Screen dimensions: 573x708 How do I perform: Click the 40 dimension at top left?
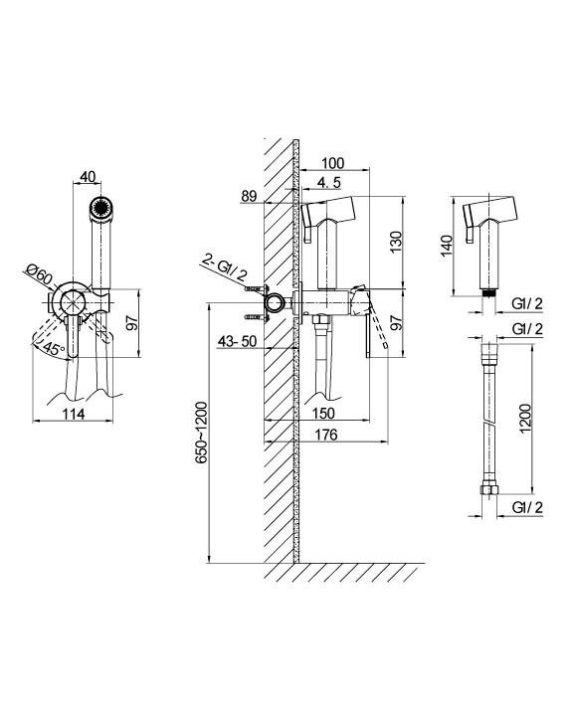[x=88, y=177]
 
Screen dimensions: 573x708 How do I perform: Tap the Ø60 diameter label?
[x=40, y=274]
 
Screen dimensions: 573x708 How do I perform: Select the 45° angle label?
[x=55, y=348]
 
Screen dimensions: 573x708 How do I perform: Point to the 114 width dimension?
[x=74, y=414]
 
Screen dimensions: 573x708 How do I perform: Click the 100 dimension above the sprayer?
[x=333, y=163]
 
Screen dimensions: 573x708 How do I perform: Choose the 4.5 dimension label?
[x=328, y=183]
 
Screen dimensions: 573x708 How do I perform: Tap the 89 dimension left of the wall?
[x=249, y=197]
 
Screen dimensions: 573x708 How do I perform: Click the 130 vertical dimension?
[x=395, y=242]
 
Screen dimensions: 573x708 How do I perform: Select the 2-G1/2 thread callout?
[x=226, y=268]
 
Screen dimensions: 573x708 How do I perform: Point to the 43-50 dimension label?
[x=237, y=341]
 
